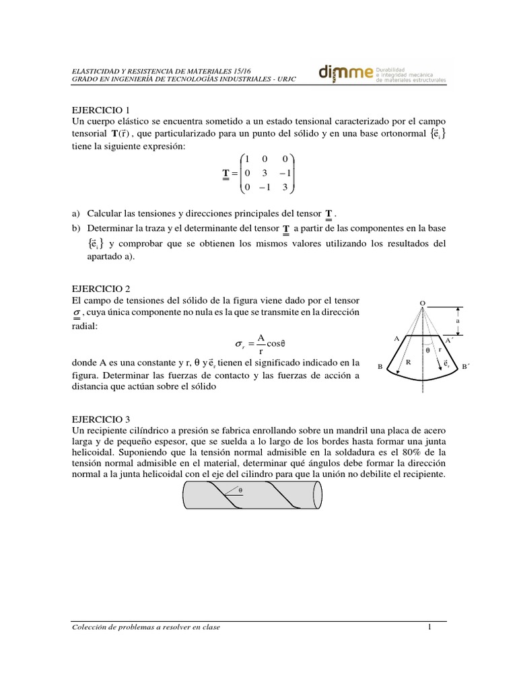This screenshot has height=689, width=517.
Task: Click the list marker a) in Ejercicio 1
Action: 75,213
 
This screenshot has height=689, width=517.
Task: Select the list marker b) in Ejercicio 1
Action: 75,229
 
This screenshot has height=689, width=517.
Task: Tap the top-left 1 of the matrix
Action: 247,159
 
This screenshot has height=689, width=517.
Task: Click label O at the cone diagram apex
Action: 422,303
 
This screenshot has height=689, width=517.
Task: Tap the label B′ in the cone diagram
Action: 464,367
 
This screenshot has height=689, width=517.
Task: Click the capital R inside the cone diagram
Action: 408,362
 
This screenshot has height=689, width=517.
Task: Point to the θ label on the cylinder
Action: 240,491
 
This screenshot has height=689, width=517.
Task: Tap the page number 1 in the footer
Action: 428,627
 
